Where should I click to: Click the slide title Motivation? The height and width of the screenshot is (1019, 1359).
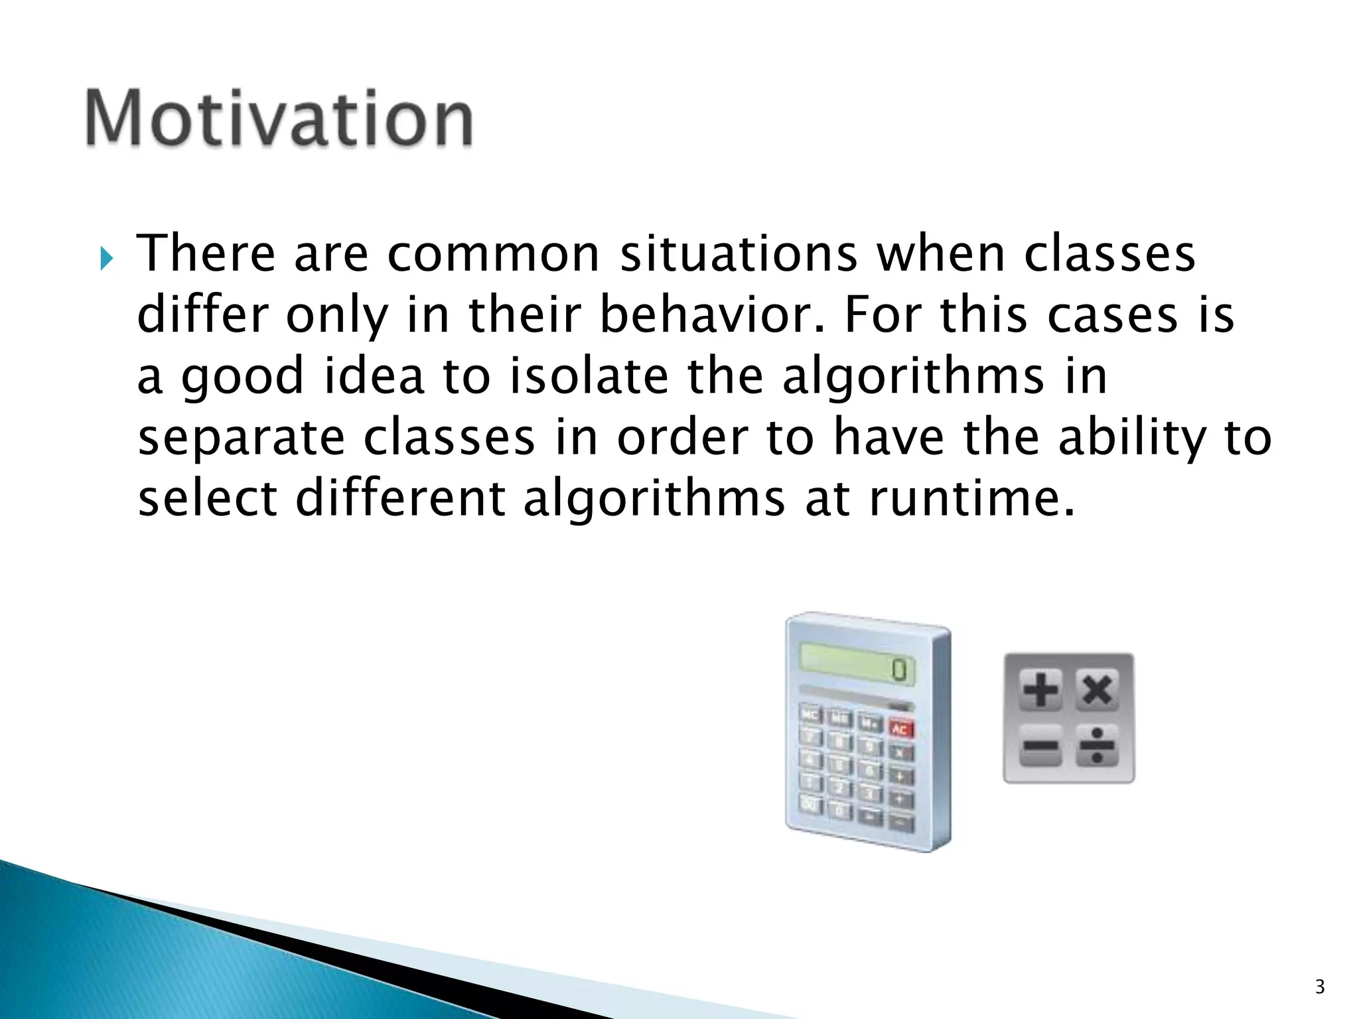[279, 118]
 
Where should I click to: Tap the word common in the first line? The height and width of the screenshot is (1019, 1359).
[493, 254]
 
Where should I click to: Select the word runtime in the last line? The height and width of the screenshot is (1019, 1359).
[971, 498]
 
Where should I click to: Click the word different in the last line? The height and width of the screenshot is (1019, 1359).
[400, 498]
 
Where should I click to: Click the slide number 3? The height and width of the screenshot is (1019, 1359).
[1319, 987]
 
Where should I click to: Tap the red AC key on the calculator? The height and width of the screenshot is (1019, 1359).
[900, 730]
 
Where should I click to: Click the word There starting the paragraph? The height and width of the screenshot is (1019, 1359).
[206, 254]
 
